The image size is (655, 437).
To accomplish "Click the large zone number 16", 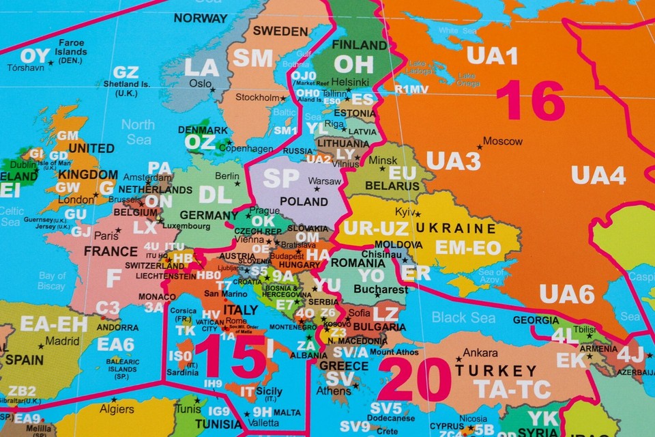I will click(x=530, y=101).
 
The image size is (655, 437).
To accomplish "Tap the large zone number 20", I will click(x=414, y=379).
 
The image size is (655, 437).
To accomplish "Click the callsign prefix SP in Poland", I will click(x=282, y=178).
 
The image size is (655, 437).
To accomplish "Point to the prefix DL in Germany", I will click(x=216, y=195).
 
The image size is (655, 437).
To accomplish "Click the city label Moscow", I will click(x=502, y=141).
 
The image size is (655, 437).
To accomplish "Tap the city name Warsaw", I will click(x=325, y=181).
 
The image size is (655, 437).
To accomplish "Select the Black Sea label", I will click(x=463, y=317).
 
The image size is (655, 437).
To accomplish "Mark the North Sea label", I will click(x=138, y=132).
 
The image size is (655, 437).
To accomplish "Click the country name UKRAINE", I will click(x=456, y=228).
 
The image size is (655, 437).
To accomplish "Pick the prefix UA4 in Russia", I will click(x=598, y=175).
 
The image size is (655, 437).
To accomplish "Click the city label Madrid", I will click(x=62, y=341).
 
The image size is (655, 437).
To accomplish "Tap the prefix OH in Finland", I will click(x=353, y=65).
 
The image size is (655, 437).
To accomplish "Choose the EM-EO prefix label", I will click(x=468, y=248).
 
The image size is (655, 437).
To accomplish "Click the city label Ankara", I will click(x=480, y=353).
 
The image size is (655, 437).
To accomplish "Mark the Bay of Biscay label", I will click(x=52, y=281).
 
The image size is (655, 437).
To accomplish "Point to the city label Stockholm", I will click(x=258, y=97).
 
